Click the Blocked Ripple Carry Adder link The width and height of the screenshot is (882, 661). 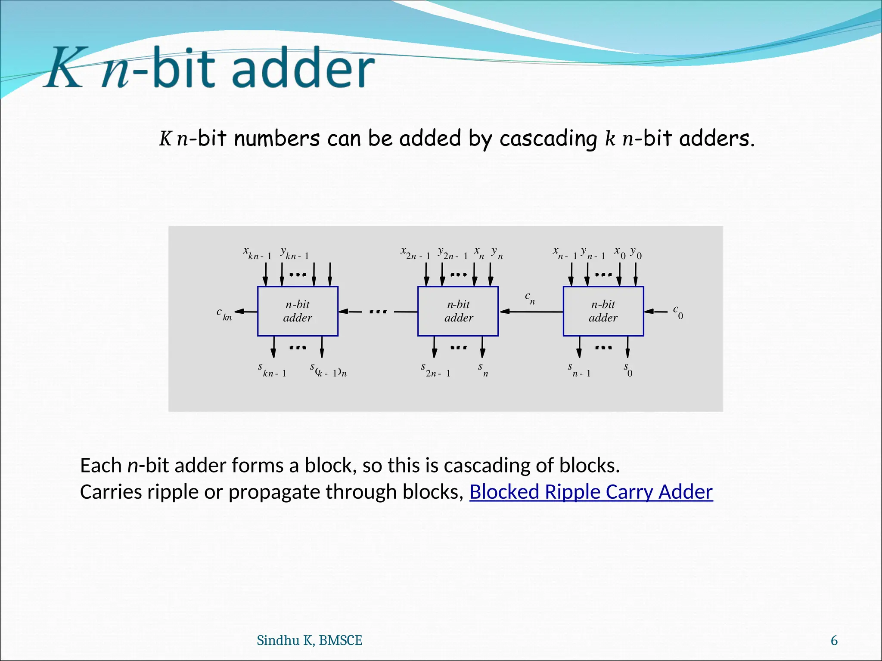point(591,492)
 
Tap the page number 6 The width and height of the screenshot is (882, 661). point(834,640)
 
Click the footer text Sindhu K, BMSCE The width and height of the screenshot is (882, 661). point(309,640)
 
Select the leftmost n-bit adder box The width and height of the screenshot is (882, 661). point(298,311)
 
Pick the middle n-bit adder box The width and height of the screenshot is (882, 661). point(458,311)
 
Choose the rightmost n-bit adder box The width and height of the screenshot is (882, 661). point(603,311)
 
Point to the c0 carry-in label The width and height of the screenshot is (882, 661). point(678,312)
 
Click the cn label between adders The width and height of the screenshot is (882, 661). point(530,298)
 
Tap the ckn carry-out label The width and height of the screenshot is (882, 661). point(224,314)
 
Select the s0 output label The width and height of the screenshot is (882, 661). point(628,369)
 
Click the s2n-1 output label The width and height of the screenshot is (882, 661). point(435,370)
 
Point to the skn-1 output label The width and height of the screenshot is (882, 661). point(272,370)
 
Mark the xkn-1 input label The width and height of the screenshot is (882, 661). point(257,253)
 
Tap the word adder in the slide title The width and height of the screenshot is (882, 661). point(304,68)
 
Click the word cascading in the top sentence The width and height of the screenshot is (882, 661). point(548,139)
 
